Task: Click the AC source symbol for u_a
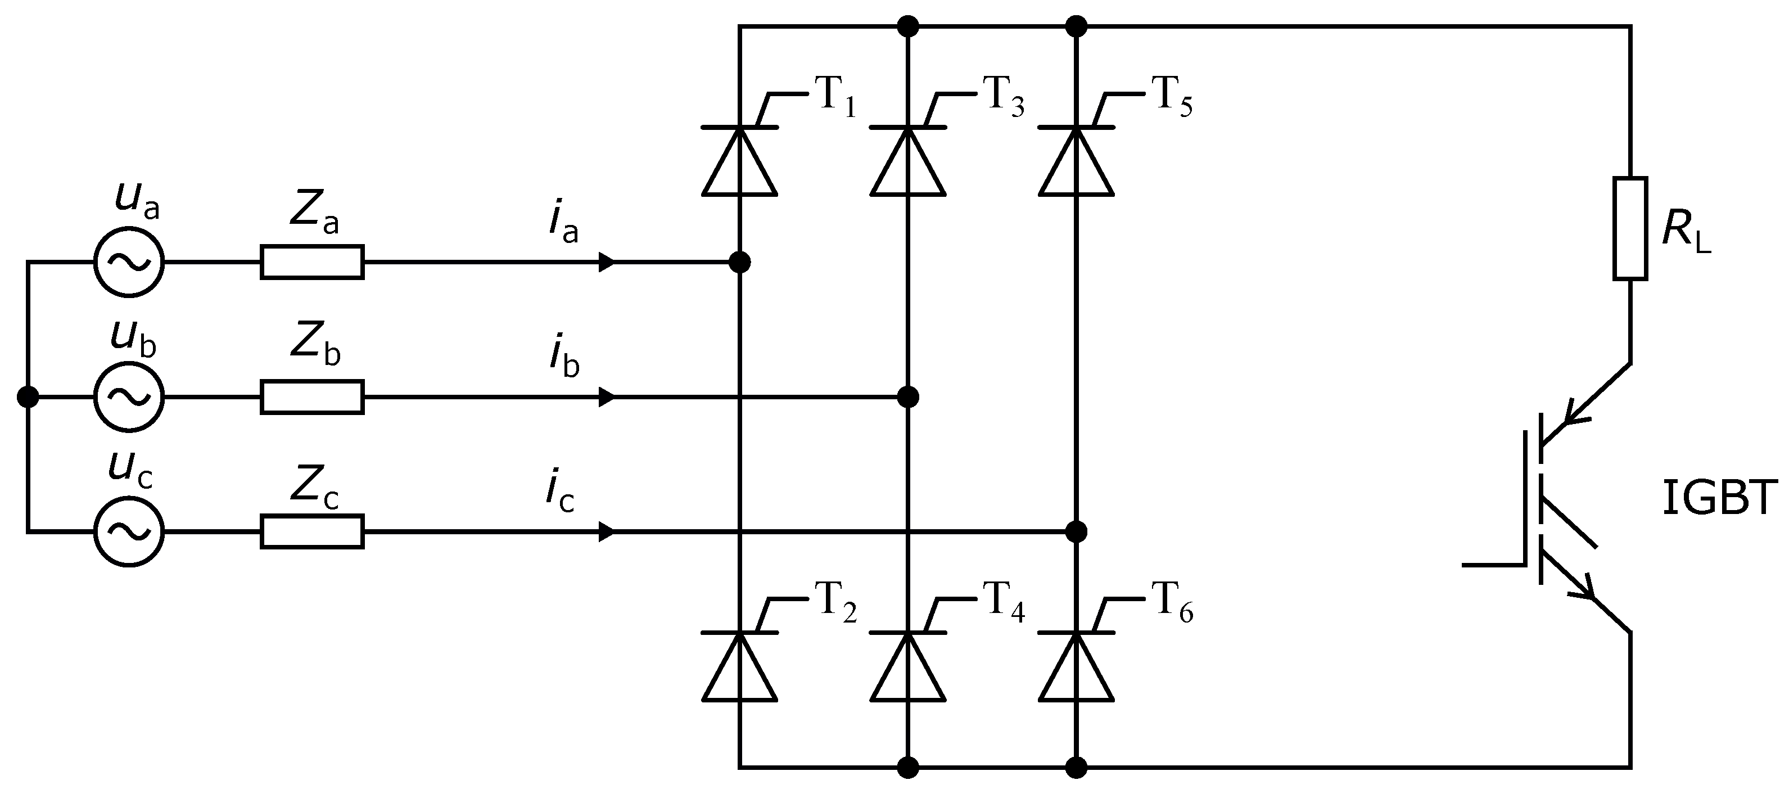click(x=129, y=263)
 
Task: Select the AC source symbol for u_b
click(x=129, y=397)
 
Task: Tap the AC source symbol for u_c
click(x=129, y=532)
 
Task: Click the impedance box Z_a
click(x=312, y=263)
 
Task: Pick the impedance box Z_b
click(x=312, y=397)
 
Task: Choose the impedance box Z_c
click(x=312, y=532)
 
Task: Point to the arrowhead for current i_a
click(x=606, y=263)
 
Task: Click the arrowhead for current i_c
click(x=606, y=532)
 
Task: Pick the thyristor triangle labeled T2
click(x=739, y=670)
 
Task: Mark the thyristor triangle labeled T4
click(x=907, y=670)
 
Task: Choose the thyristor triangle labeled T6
click(x=1076, y=670)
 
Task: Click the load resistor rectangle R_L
click(x=1630, y=228)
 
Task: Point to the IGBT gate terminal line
click(x=1493, y=565)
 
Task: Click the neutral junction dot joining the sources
click(x=28, y=397)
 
